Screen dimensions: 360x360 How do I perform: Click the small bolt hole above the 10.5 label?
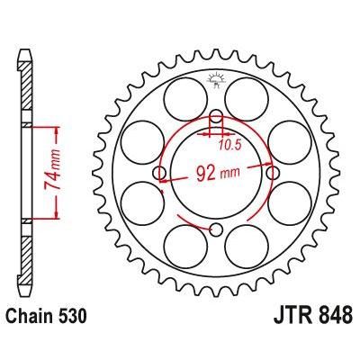(x=216, y=116)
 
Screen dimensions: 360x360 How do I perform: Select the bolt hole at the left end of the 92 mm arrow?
(x=160, y=173)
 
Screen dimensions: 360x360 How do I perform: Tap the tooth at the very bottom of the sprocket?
(x=216, y=304)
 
